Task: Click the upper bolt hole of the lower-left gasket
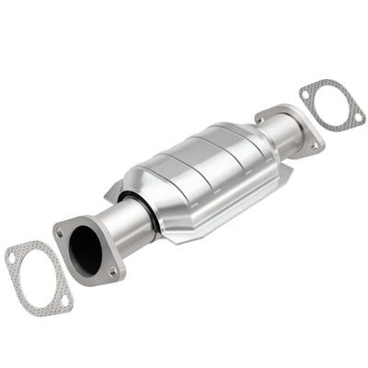12,259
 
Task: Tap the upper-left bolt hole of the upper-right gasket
306,89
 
